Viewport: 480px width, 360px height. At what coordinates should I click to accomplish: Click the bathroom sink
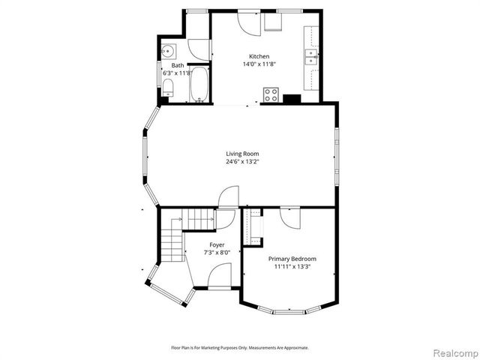click(167, 51)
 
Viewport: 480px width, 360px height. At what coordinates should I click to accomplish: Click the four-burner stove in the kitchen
click(271, 94)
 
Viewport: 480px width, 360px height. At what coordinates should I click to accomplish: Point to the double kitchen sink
click(310, 55)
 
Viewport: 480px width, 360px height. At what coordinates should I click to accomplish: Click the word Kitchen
click(259, 56)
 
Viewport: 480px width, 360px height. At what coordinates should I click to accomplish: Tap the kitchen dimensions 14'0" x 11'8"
click(259, 64)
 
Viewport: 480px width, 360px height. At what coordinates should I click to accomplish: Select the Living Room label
click(242, 154)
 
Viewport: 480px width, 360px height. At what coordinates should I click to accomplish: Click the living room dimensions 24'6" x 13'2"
click(242, 162)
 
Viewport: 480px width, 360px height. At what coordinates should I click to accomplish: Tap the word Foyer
click(217, 244)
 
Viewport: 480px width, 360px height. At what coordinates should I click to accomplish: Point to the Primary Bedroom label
click(292, 259)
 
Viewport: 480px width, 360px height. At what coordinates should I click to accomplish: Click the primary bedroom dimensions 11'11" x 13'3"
click(292, 267)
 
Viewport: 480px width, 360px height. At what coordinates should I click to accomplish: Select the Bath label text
click(178, 65)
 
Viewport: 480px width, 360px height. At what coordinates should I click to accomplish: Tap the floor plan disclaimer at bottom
click(240, 347)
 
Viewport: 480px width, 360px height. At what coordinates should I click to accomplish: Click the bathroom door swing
click(198, 49)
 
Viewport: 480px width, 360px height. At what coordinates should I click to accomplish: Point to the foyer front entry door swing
click(226, 220)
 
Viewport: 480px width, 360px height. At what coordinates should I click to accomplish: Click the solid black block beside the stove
click(292, 97)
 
